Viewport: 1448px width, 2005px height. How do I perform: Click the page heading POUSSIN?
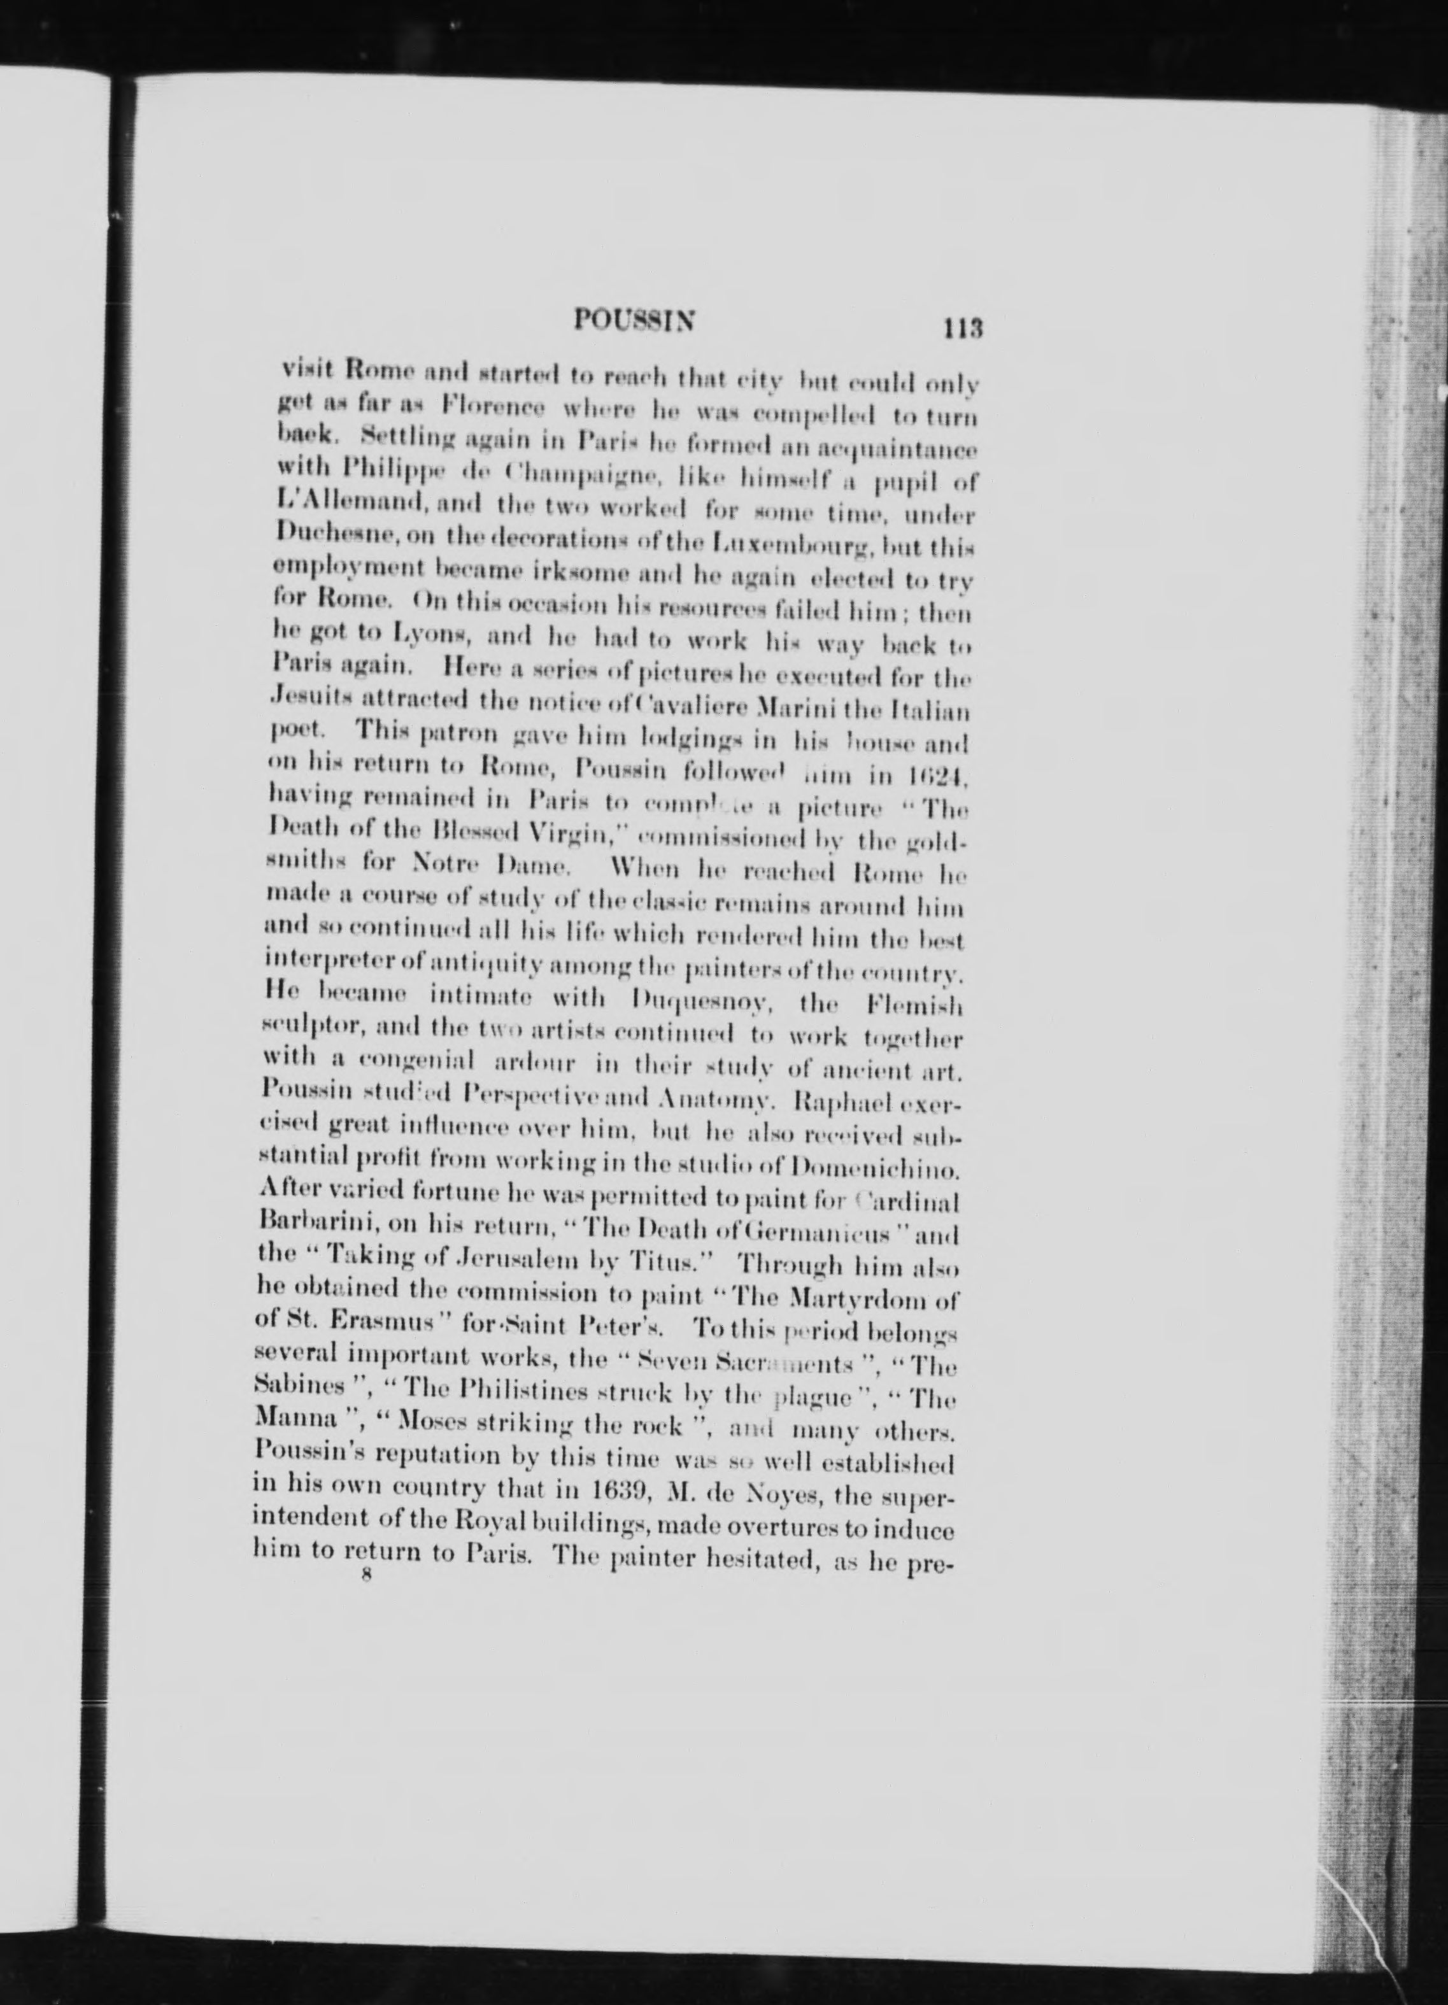coord(633,319)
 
